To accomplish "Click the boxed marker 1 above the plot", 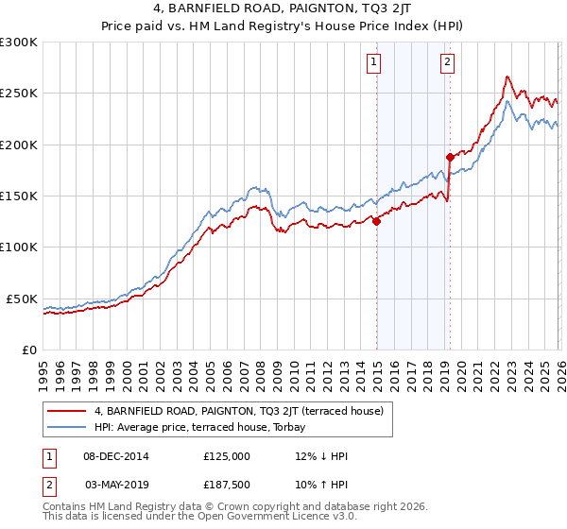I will point(374,63).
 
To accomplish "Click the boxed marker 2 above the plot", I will point(446,63).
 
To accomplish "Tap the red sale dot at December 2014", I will point(376,222).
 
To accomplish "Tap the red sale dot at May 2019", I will point(450,157).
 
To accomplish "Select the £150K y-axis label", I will point(19,196).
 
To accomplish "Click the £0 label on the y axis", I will point(28,350).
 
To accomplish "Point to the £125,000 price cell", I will point(227,456).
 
